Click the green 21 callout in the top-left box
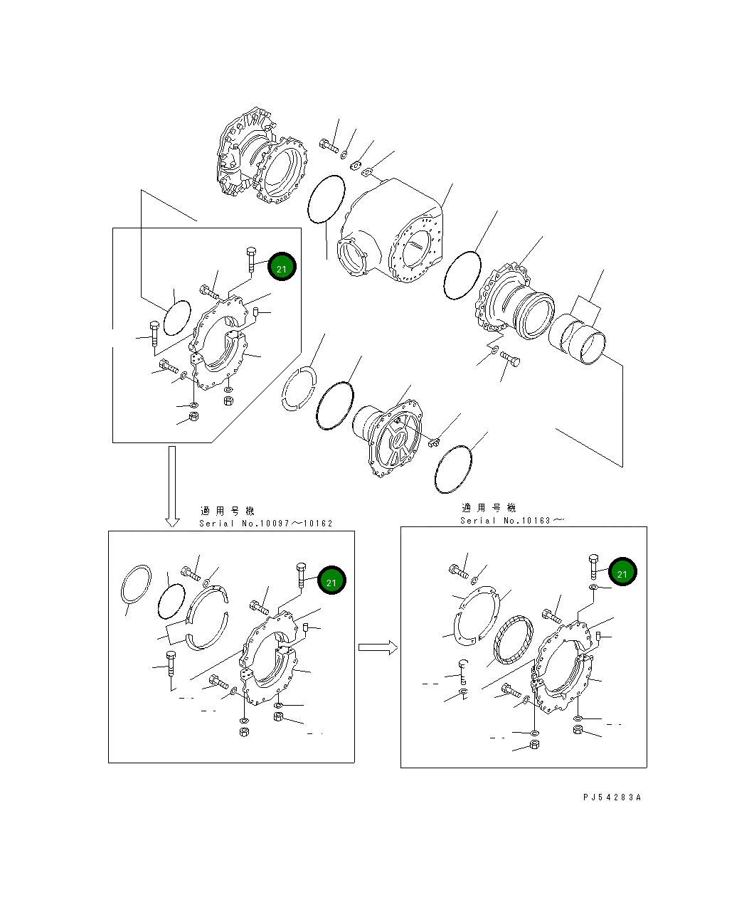(282, 266)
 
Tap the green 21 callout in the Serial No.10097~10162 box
(331, 580)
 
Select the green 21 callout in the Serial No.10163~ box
(622, 572)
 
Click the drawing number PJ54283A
(612, 797)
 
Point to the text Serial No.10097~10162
(266, 524)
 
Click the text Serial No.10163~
(512, 521)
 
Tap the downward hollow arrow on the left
(172, 487)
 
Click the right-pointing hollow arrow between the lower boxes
(378, 647)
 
